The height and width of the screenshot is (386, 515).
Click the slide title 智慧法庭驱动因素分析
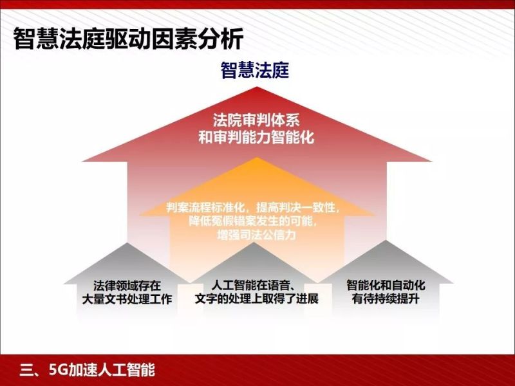(x=129, y=40)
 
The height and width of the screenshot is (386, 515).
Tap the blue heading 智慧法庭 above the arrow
(x=255, y=70)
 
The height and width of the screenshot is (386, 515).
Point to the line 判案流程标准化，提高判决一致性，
(x=257, y=208)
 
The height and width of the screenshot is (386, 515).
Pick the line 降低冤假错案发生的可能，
(x=256, y=221)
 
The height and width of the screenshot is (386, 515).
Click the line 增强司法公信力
(x=256, y=235)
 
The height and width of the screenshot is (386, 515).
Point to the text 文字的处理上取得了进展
(x=256, y=299)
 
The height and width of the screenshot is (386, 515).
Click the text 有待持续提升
(x=386, y=299)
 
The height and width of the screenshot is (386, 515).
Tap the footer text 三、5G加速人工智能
(x=88, y=370)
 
